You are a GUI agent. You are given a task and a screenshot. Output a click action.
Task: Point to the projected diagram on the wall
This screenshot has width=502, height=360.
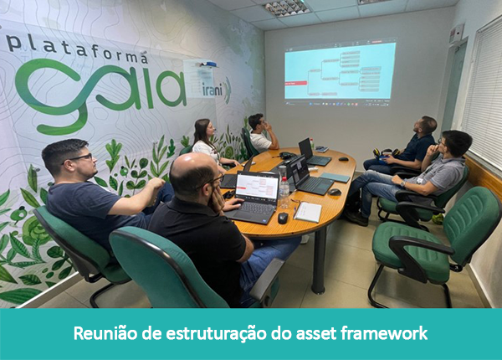(x=339, y=74)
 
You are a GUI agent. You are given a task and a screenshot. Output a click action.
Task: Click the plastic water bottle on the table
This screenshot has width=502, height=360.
(x=284, y=193)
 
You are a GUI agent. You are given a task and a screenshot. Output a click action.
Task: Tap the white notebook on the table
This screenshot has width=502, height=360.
(x=308, y=213)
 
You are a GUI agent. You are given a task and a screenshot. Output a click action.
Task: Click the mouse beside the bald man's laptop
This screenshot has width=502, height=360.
(x=283, y=218)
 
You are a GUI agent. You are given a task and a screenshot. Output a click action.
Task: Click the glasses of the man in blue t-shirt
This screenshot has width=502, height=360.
(x=81, y=157)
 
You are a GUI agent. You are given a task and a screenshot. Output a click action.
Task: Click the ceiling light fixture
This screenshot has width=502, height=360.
(x=286, y=8)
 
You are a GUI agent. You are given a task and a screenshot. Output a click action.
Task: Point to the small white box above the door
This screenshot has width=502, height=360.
(x=457, y=33)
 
